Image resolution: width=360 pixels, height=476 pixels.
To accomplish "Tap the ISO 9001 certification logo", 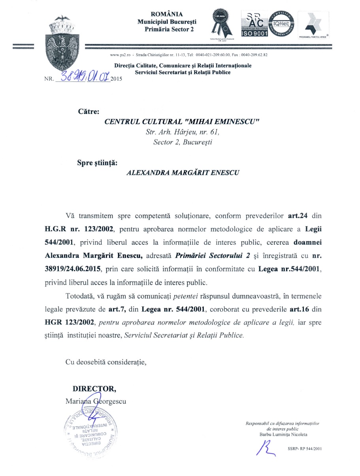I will pos(254,25).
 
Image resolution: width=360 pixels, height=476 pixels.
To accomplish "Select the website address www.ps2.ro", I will pos(120,55).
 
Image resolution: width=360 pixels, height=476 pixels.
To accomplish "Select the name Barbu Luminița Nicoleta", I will pos(281,434).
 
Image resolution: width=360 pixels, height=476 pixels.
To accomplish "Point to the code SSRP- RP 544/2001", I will pos(305,449).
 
